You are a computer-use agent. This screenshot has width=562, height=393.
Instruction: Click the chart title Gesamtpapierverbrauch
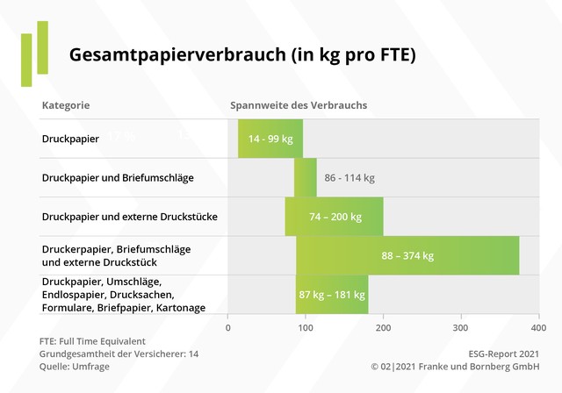[x=242, y=54]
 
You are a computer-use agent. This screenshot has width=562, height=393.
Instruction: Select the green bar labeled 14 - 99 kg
[x=270, y=139]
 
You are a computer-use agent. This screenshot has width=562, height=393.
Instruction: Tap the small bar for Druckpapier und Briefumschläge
[x=306, y=178]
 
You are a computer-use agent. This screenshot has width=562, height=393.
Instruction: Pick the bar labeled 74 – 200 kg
[x=334, y=217]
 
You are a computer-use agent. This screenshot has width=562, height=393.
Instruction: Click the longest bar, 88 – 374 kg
[x=407, y=255]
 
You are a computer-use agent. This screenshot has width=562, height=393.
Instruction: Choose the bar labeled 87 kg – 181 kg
[x=332, y=295]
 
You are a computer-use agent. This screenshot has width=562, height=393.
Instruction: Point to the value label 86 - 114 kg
[x=349, y=178]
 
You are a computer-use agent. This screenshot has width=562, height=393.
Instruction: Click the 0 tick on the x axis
[x=228, y=327]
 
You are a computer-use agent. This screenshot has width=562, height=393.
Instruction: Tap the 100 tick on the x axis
[x=306, y=327]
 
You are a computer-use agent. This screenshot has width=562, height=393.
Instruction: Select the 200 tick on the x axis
[x=383, y=327]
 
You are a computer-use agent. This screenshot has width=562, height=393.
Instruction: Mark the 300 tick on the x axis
[x=460, y=327]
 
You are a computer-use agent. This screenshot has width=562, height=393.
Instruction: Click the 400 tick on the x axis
[x=537, y=327]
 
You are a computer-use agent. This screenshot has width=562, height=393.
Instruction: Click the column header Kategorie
[x=66, y=105]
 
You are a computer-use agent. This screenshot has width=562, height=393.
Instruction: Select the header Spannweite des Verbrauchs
[x=299, y=105]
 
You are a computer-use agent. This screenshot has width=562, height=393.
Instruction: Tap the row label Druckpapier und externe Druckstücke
[x=130, y=216]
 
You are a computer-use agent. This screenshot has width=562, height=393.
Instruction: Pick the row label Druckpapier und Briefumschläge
[x=118, y=178]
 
